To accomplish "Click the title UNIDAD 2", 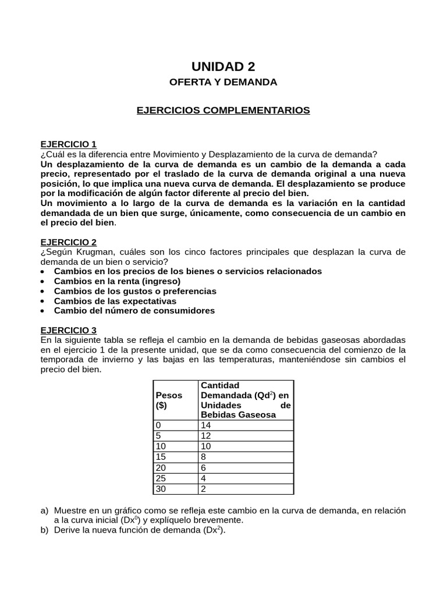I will tap(223, 66).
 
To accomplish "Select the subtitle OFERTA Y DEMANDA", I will tap(223, 83).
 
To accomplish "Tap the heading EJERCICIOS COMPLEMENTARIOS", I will tap(223, 110).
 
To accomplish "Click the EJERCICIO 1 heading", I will tap(69, 144).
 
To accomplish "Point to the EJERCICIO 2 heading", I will tap(69, 242).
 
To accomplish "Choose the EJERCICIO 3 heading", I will tap(69, 330).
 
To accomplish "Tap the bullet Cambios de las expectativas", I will tap(115, 301).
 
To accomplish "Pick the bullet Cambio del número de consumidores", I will tap(134, 311).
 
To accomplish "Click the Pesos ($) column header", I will tap(169, 400).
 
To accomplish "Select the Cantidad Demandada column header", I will tap(245, 400).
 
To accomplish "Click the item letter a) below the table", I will tap(44, 510).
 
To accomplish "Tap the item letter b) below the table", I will tap(44, 530).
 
